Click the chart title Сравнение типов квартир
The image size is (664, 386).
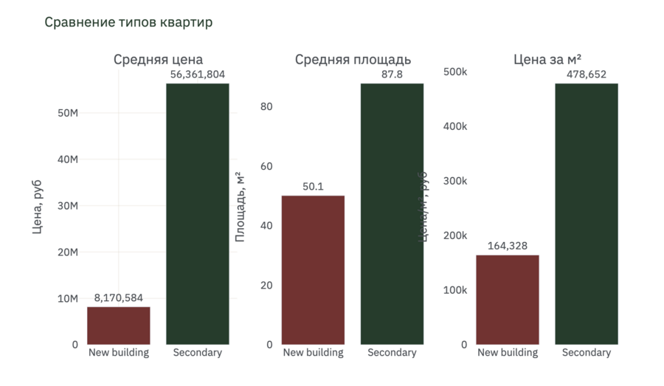tap(128, 22)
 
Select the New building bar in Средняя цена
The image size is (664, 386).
tap(119, 325)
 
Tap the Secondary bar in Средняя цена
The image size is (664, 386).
tap(198, 214)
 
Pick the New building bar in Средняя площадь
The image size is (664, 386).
tap(314, 270)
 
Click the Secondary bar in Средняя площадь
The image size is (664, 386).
tap(392, 214)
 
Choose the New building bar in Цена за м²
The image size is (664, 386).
tap(508, 300)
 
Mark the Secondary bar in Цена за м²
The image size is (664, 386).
tap(587, 214)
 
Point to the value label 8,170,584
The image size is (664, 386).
tap(119, 297)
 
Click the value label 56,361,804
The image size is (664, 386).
tap(198, 74)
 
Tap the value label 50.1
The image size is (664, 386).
tap(314, 187)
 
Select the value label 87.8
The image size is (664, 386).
tap(392, 74)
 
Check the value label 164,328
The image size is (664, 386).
tap(508, 246)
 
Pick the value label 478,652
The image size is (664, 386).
tap(587, 74)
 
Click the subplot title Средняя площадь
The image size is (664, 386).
tap(353, 60)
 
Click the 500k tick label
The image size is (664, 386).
tap(454, 72)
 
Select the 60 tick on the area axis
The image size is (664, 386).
tap(266, 166)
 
